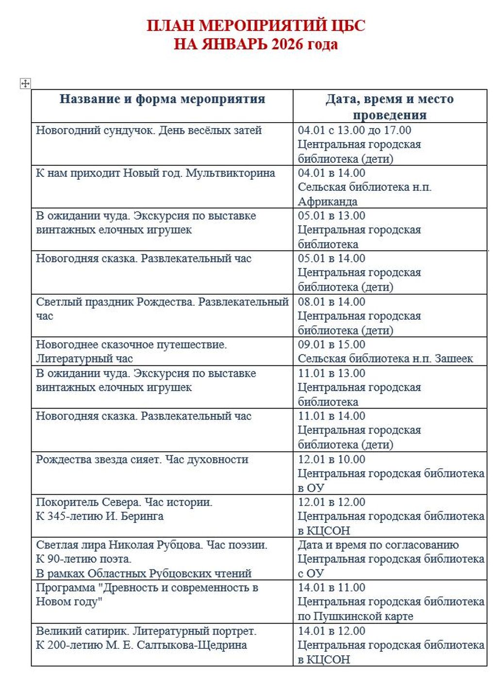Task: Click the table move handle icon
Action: click(25, 83)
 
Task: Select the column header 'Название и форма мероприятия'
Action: click(162, 99)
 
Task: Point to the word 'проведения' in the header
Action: click(390, 115)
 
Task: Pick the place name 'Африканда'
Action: click(328, 202)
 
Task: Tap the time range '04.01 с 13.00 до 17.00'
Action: click(354, 130)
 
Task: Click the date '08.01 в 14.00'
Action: click(331, 302)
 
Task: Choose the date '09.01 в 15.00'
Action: click(331, 345)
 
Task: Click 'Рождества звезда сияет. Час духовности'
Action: click(142, 459)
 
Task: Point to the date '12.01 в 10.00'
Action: click(331, 459)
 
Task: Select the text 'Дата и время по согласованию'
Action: click(378, 545)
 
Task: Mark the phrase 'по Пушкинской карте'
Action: click(356, 616)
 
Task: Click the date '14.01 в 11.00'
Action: click(331, 588)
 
